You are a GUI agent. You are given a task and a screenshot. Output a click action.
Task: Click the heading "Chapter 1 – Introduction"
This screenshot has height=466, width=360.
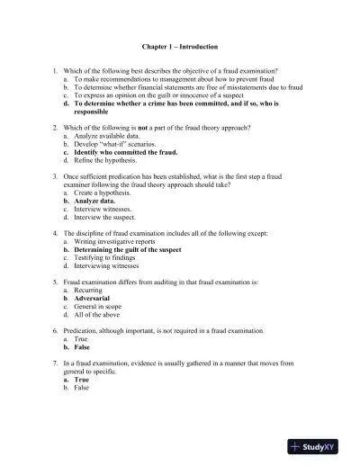click(180, 46)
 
